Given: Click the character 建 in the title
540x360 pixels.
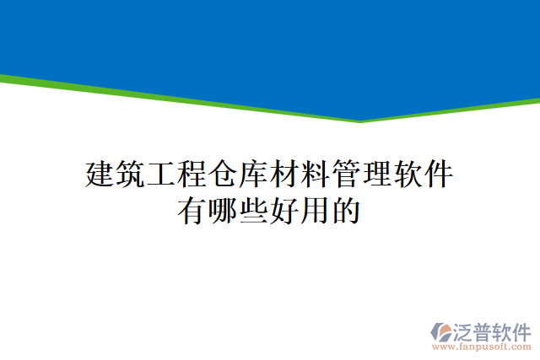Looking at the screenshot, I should coord(100,175).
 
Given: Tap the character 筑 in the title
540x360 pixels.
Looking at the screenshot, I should coord(131,175).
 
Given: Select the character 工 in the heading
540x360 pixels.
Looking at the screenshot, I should coord(162,175).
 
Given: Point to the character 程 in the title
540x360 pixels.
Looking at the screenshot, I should coord(192,175).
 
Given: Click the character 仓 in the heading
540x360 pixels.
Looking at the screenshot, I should coord(224,175).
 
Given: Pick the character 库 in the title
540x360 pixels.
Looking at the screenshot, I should coord(254,175).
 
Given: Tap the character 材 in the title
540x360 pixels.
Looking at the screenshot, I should coord(285,175).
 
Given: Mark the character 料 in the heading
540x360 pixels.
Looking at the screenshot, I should coord(316,175).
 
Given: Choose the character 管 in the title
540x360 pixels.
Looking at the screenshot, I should coord(347,175).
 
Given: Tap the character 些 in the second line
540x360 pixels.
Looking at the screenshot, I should coord(254,210).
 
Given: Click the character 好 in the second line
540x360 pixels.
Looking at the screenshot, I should coord(285,210).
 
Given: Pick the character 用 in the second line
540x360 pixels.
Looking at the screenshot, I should coord(316,210).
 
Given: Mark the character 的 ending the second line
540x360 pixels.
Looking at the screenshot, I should coord(347,210).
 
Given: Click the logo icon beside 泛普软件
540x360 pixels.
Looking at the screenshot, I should coord(442,332).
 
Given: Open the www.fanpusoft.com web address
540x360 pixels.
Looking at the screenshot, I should coord(482,347).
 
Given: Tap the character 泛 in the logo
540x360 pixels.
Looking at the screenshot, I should coord(464,330).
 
